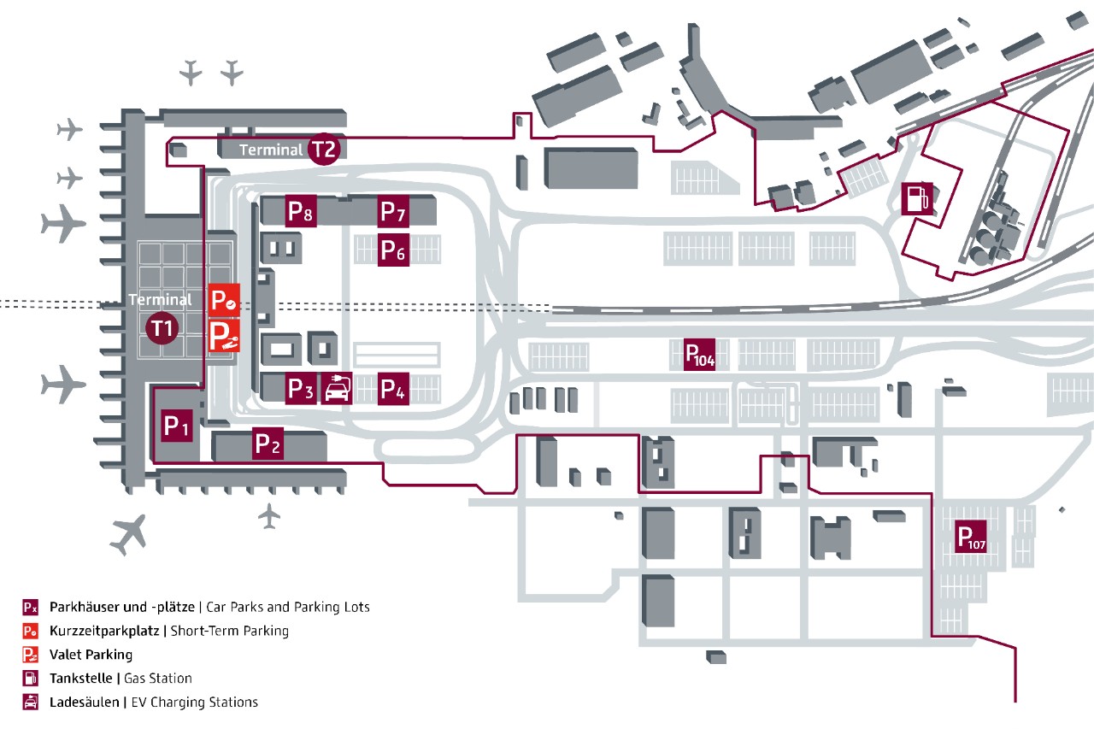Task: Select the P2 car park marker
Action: click(x=268, y=444)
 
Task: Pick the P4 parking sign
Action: click(x=393, y=389)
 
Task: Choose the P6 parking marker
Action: click(x=393, y=250)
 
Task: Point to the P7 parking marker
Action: click(x=393, y=211)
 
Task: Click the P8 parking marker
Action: click(x=301, y=211)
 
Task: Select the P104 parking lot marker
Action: click(x=699, y=355)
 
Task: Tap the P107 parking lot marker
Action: click(x=972, y=538)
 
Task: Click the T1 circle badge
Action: click(x=162, y=328)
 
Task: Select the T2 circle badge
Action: click(x=324, y=150)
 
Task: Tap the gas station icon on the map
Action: click(x=916, y=198)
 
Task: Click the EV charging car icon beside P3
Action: click(x=338, y=389)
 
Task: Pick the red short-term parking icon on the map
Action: click(x=224, y=300)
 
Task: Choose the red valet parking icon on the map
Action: click(x=224, y=336)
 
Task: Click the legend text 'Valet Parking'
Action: click(x=91, y=655)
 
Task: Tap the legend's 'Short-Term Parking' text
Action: click(x=230, y=632)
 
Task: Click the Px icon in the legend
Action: click(x=30, y=608)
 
